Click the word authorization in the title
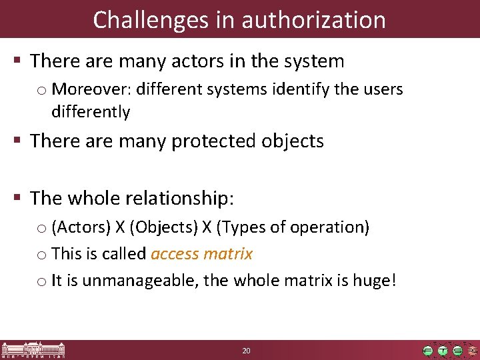[x=313, y=20]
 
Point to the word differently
[x=90, y=111]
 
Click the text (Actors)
[x=81, y=227]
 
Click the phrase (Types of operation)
[x=290, y=227]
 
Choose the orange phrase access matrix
[x=202, y=254]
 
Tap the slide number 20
[x=246, y=350]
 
